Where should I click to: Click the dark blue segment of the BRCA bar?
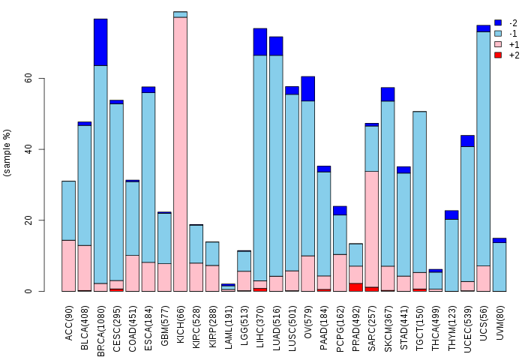pos(100,42)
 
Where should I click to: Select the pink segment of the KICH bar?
pos(180,154)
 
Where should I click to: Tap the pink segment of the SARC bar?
pos(372,229)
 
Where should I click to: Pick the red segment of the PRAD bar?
pos(355,287)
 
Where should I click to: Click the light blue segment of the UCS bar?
pos(484,149)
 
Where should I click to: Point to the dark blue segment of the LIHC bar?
pos(260,42)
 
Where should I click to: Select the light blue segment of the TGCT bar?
pos(419,192)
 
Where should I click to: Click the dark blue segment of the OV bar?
pos(308,88)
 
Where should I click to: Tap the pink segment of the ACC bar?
pos(69,266)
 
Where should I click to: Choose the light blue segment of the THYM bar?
pos(451,255)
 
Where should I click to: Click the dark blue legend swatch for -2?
pos(498,22)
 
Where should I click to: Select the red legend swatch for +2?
pos(498,55)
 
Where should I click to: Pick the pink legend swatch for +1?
pos(498,44)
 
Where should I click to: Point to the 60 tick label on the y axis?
pos(28,78)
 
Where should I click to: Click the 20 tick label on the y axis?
pos(28,220)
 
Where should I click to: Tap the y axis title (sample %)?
pos(7,152)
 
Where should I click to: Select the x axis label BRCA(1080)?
pos(100,331)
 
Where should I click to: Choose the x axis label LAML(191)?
pos(229,327)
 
